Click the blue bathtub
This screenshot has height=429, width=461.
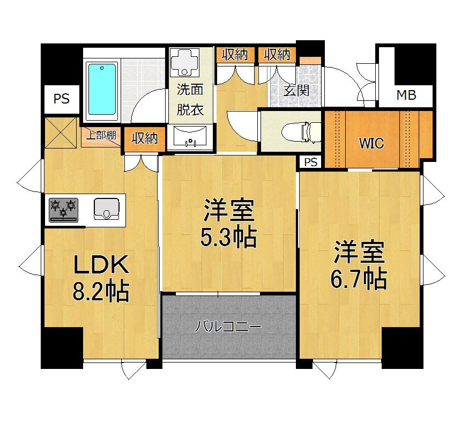[102, 92]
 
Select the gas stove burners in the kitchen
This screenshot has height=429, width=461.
[64, 210]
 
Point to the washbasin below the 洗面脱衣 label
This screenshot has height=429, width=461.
[190, 137]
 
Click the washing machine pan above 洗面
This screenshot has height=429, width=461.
[184, 61]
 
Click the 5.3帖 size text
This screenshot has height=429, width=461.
[228, 237]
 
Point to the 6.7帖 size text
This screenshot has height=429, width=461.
[360, 278]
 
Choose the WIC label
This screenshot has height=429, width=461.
[371, 143]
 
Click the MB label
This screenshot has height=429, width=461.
[406, 96]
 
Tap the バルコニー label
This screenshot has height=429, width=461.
[228, 326]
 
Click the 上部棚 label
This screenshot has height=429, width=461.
[102, 136]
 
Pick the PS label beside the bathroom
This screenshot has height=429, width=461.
[62, 99]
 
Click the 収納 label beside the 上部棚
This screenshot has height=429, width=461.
[144, 138]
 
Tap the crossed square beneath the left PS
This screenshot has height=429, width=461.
[61, 132]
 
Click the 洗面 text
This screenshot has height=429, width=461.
[190, 91]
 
